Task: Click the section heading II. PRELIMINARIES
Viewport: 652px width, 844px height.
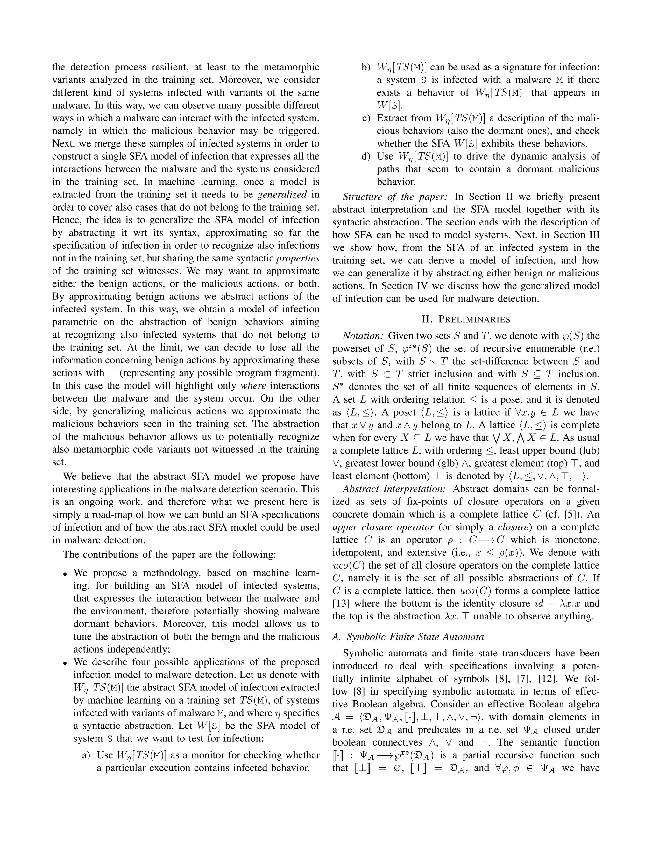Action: point(466,319)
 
